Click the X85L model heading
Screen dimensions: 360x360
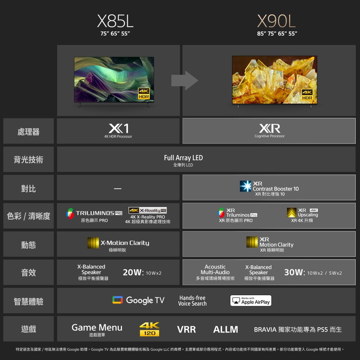(115, 21)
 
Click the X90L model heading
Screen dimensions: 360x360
(276, 21)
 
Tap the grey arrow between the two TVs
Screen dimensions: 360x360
(185, 80)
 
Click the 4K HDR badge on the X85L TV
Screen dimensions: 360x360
(144, 94)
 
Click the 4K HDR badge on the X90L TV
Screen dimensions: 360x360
(307, 95)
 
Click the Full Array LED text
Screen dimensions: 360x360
(184, 158)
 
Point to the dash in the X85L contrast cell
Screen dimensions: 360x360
(118, 189)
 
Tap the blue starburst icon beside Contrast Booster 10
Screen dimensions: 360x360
(246, 186)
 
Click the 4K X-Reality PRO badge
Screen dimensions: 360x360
(148, 210)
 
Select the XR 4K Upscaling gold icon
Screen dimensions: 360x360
(292, 212)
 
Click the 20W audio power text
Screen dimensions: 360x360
(133, 272)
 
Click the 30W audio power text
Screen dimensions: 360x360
(294, 272)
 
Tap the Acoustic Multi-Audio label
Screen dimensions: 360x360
(215, 270)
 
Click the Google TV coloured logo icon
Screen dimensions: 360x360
(118, 300)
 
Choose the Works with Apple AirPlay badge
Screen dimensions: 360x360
(251, 301)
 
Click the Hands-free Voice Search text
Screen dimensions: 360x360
(192, 301)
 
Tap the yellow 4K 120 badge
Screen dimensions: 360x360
(149, 329)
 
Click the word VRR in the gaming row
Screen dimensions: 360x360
(186, 329)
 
